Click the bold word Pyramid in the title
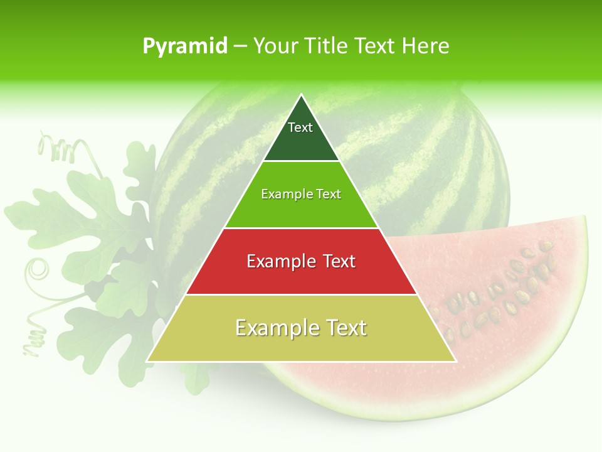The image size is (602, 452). coord(185,46)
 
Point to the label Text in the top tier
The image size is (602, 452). coord(300,127)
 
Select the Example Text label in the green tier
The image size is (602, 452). coord(301,194)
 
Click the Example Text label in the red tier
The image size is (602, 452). coord(301,261)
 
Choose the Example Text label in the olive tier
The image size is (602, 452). coord(301,328)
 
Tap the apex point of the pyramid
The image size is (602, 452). coord(302,95)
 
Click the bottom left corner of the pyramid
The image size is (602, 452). coord(147,361)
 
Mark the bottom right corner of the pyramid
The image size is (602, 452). coord(455,361)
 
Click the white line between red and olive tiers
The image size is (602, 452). coord(301,294)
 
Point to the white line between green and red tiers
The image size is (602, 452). coord(301,228)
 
